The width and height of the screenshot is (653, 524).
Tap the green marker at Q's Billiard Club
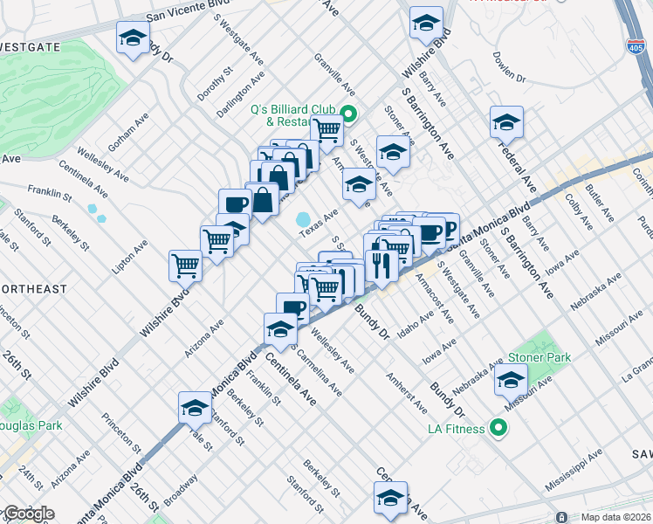pyautogui.click(x=348, y=114)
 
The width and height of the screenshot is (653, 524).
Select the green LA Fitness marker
pyautogui.click(x=498, y=428)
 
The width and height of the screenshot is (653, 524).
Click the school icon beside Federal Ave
pyautogui.click(x=505, y=124)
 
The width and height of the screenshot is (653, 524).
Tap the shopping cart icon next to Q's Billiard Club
pyautogui.click(x=327, y=131)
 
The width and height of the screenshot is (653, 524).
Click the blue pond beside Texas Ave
pyautogui.click(x=304, y=218)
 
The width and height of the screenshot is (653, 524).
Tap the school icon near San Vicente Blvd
pyautogui.click(x=133, y=38)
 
